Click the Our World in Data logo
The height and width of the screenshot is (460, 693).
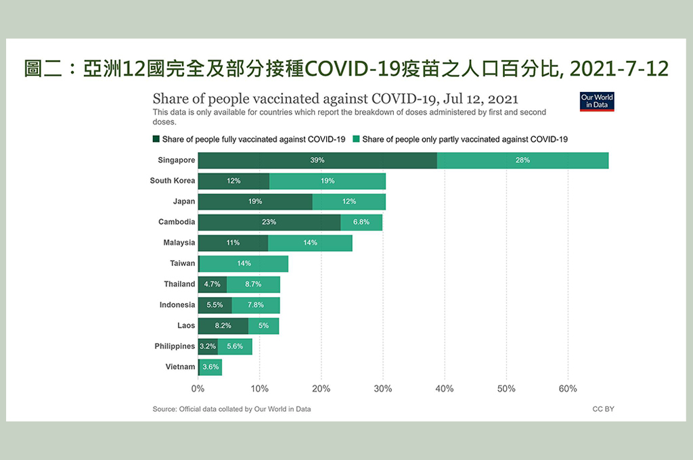[x=597, y=101]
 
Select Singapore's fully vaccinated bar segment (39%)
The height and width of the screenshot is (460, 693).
[x=317, y=160]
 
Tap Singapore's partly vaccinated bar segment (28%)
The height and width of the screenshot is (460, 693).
[x=522, y=160]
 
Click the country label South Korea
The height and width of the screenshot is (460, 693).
[x=173, y=181]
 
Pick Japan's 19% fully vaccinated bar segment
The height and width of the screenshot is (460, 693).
[x=255, y=202]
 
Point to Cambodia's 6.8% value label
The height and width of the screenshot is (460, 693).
[x=361, y=222]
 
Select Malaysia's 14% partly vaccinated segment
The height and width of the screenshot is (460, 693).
[x=310, y=243]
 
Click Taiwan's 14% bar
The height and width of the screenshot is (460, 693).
[x=244, y=263]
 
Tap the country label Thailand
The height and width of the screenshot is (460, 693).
[x=179, y=284]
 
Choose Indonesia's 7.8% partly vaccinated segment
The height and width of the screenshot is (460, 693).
[x=255, y=305]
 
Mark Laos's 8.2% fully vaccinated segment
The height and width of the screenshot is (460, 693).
[x=223, y=325]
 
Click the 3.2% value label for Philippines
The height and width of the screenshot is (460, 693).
[x=207, y=346]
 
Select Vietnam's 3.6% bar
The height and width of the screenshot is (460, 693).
[x=210, y=367]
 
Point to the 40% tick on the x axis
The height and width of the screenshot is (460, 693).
[x=444, y=389]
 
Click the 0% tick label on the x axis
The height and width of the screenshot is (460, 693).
[x=198, y=389]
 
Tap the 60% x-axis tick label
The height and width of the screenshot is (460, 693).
[x=567, y=389]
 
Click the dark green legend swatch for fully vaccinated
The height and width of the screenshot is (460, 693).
[x=156, y=139]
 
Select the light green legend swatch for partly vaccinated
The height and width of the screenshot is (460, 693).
[x=355, y=139]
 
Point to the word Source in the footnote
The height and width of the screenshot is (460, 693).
[x=164, y=409]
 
